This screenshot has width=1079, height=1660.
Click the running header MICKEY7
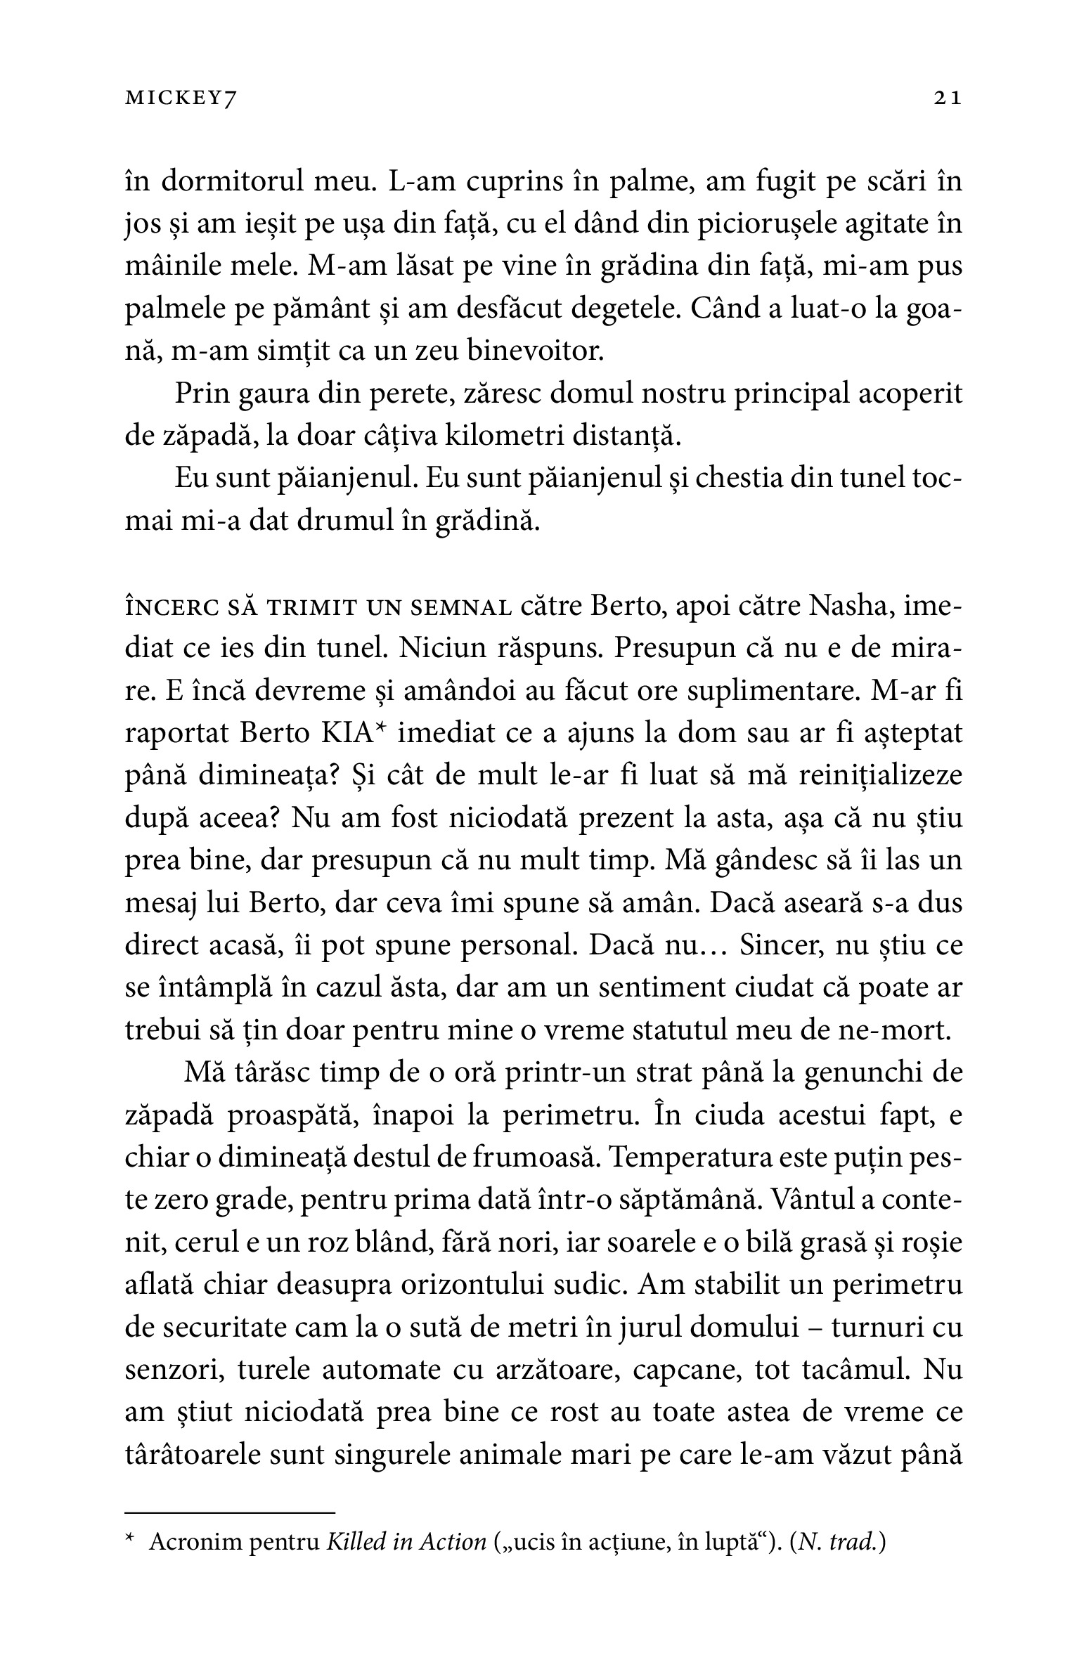[x=179, y=100]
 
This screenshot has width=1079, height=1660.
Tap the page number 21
[x=947, y=100]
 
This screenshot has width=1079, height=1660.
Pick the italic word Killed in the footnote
[x=358, y=1543]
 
